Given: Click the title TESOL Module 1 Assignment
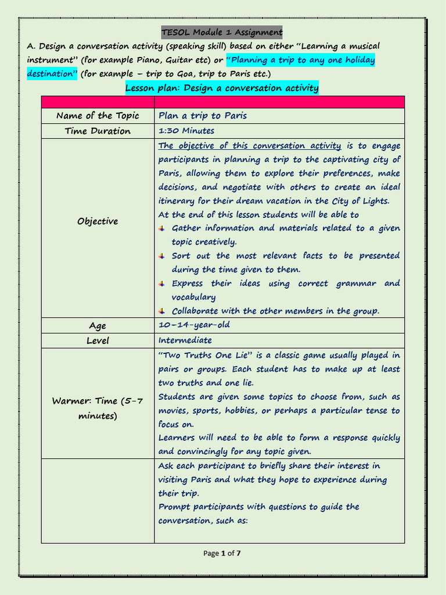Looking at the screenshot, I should (x=222, y=32).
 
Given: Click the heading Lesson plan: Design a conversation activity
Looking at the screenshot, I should (x=222, y=88).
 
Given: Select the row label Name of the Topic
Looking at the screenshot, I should (x=98, y=116).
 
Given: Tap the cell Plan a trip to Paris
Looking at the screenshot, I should (x=203, y=116).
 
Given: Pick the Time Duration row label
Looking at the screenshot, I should (x=98, y=131).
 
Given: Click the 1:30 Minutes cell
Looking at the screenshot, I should (x=186, y=131).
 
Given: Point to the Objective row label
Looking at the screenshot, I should (x=98, y=221).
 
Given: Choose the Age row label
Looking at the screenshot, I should (x=98, y=326).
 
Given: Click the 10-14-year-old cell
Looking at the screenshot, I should (x=194, y=325).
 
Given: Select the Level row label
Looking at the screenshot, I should (x=98, y=340).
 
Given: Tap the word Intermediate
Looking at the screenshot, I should (x=185, y=340).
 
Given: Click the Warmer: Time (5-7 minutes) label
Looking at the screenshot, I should (x=98, y=408).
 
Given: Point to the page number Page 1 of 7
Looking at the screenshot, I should (x=222, y=553).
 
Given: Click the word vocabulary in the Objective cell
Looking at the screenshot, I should (x=193, y=297).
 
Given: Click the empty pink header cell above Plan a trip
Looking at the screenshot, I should (x=279, y=102).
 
